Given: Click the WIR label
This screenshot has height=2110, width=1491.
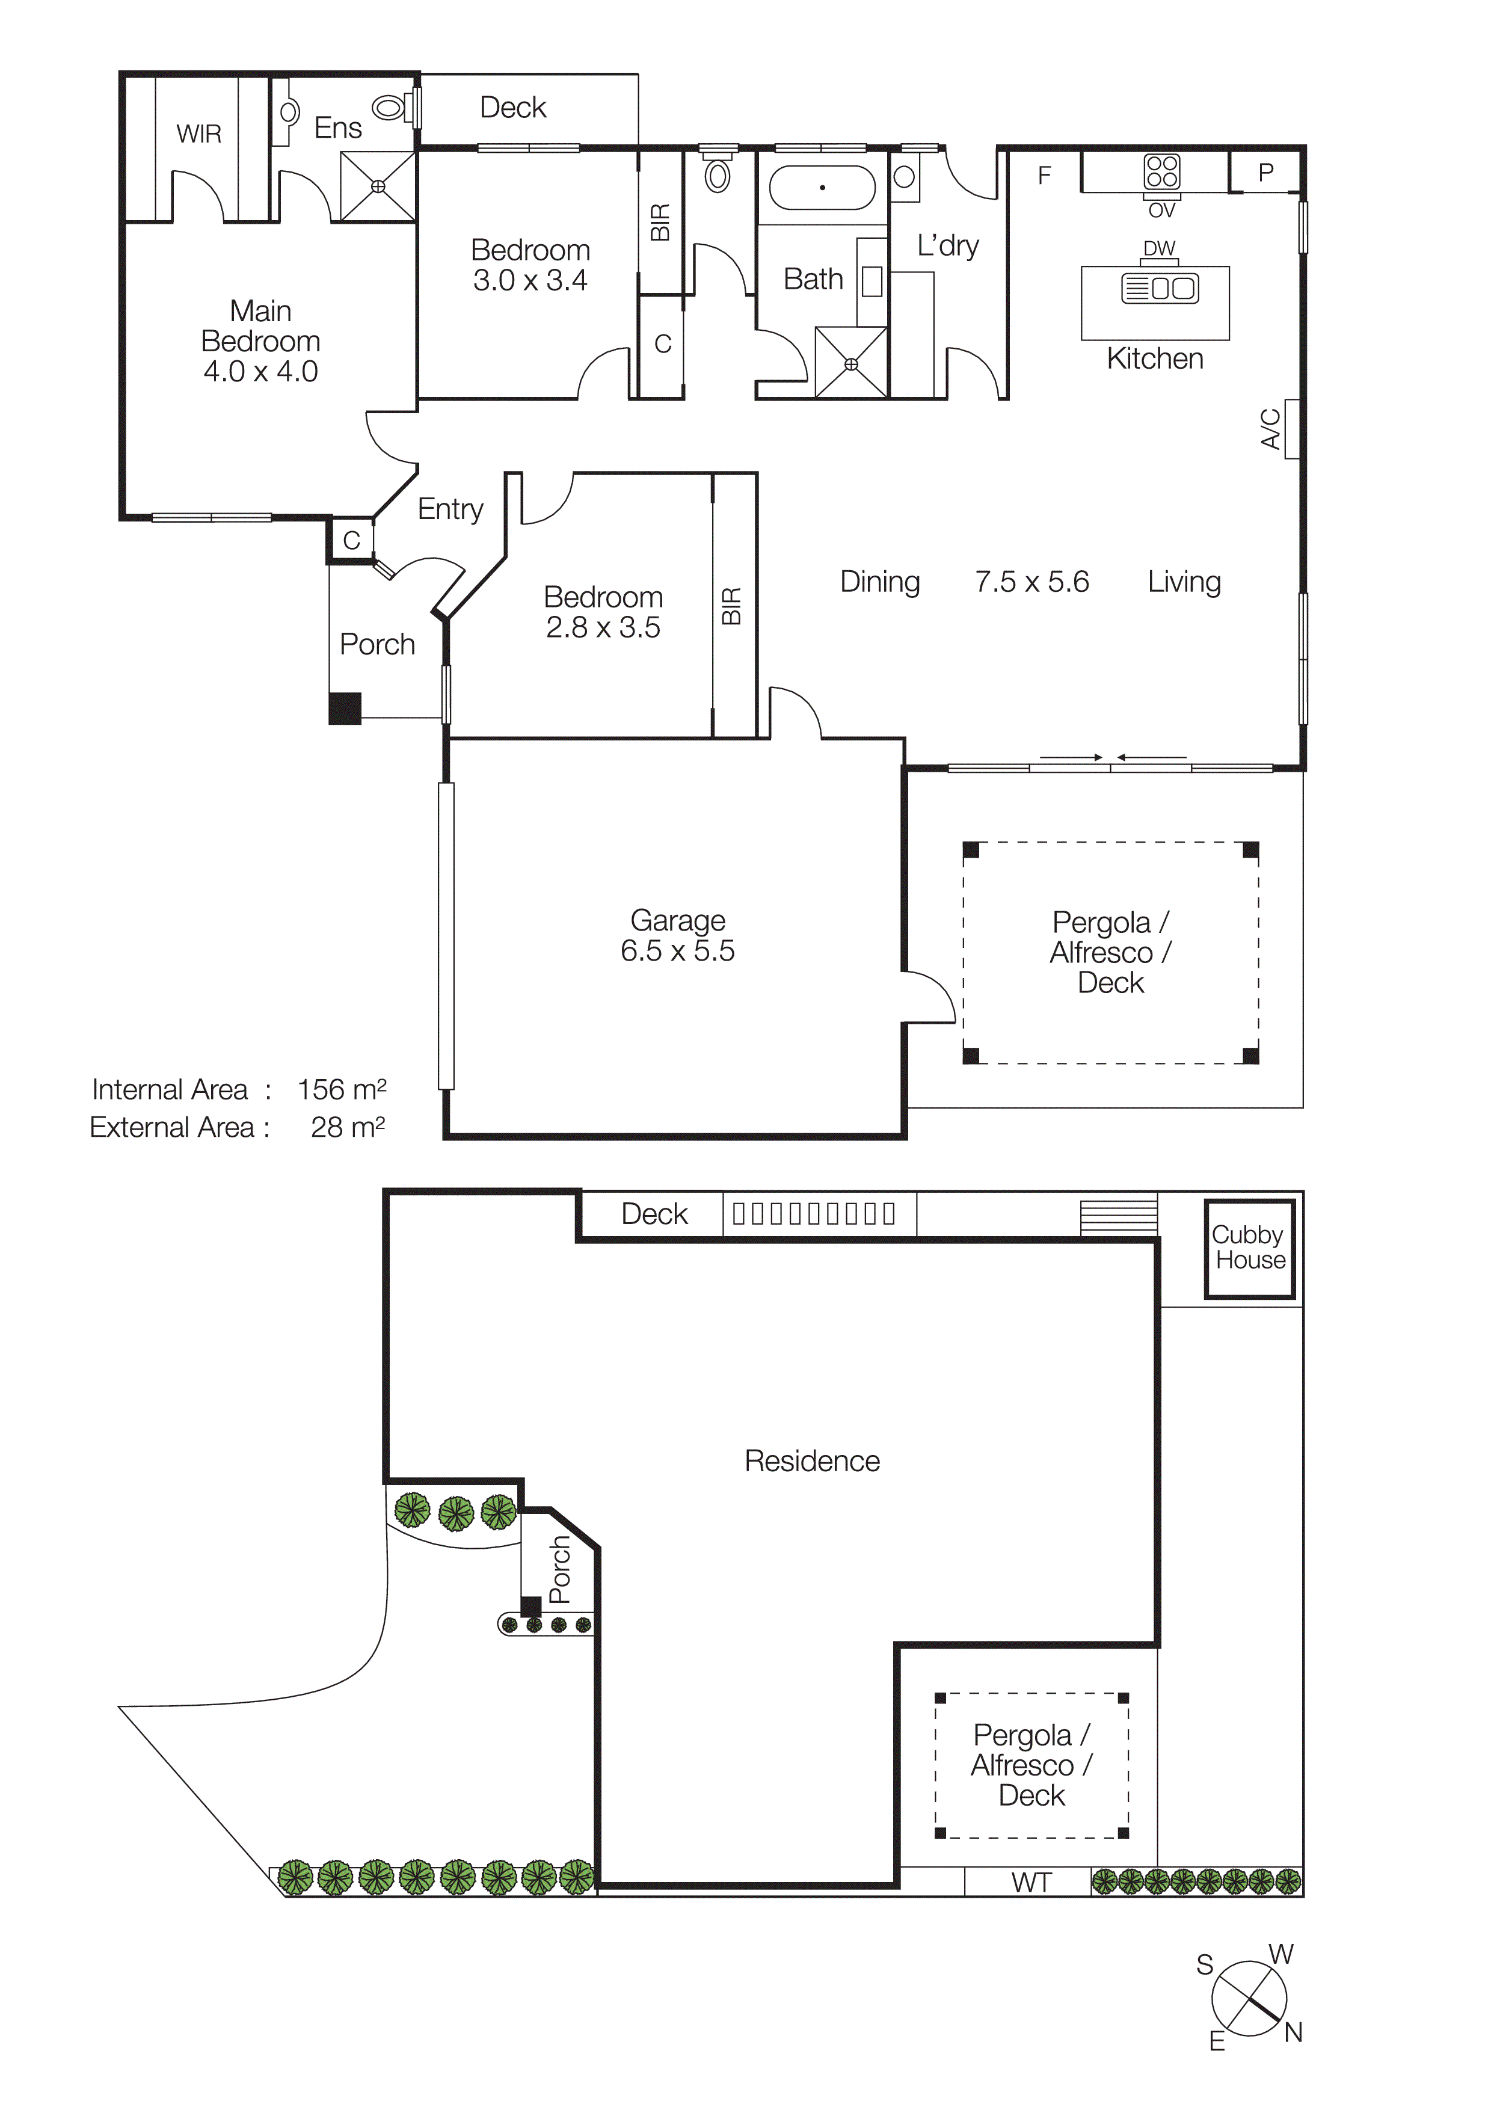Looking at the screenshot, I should coord(198,134).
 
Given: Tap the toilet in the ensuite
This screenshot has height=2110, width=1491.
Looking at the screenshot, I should coord(390,108).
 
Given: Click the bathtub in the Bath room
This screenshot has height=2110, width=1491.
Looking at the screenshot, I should coord(822,188).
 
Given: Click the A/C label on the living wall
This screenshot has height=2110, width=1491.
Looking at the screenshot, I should coord(1270,428).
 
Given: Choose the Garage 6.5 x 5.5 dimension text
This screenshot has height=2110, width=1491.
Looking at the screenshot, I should coord(677,950).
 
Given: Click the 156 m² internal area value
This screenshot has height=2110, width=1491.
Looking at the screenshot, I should coord(341,1089).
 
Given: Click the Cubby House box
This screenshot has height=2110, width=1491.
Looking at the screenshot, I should coord(1249,1248).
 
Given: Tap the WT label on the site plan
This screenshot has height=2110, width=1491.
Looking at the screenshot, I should coord(1031,1883).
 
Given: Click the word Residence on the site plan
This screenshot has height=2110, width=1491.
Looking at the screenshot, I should coord(812,1461).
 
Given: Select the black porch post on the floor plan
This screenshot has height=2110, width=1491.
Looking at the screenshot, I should coord(345,709).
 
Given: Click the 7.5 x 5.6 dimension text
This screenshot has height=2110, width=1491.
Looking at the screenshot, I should coord(1031,582).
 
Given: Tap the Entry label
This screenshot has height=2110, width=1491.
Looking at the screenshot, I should coord(450,509).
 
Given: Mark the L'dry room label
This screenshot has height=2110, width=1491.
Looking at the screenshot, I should coord(947,245).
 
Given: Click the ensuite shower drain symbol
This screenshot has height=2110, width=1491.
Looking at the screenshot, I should coord(378,186).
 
